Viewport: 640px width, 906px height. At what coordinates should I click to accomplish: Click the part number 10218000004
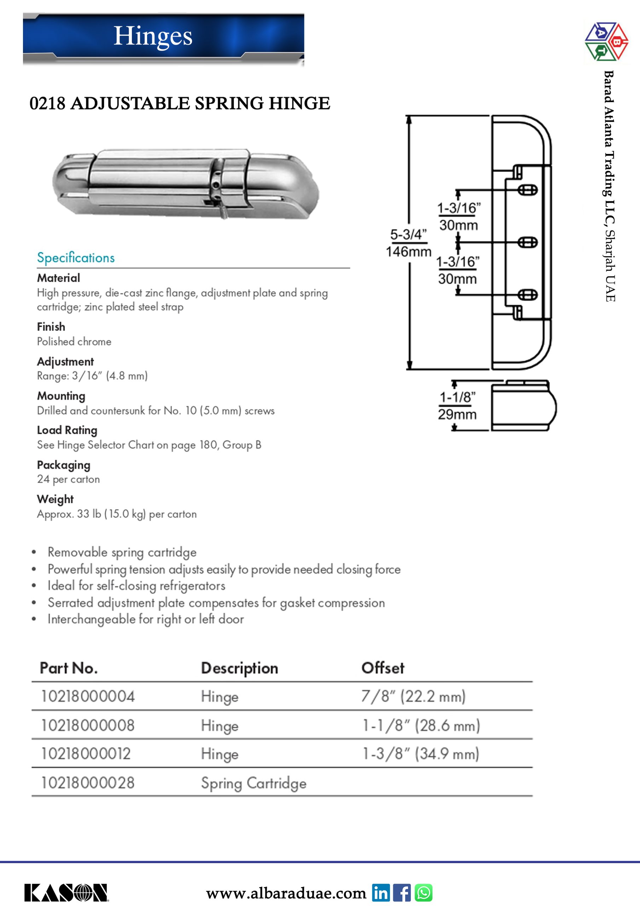pos(88,696)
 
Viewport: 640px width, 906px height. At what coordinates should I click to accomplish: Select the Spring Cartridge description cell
pos(254,783)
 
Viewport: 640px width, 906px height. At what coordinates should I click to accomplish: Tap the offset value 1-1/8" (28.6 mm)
pos(421,725)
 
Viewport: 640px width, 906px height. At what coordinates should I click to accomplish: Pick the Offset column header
pos(383,668)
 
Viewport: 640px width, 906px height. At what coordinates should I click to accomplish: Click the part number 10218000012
pos(86,754)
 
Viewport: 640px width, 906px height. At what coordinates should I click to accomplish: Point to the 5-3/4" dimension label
pos(408,234)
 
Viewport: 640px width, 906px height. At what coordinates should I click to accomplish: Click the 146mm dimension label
pos(408,252)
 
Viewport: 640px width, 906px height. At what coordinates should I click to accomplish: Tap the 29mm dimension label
pos(457,414)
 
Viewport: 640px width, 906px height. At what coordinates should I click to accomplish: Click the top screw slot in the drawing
pos(527,190)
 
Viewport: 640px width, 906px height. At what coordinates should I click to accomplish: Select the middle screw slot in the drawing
pos(527,242)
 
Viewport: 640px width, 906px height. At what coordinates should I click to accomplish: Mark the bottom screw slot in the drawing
pos(527,294)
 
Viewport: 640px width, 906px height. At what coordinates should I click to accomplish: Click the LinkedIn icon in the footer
pos(380,893)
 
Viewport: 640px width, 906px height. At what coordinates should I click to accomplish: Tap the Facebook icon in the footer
pos(402,893)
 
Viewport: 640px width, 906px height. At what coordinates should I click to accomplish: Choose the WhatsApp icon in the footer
pos(424,893)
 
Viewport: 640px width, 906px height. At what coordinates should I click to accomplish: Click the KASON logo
pos(66,893)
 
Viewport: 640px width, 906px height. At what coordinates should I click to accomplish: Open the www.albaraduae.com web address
pos(286,893)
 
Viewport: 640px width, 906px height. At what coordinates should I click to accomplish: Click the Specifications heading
pos(76,258)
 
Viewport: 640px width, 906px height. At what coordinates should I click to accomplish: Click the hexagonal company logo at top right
pos(606,41)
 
